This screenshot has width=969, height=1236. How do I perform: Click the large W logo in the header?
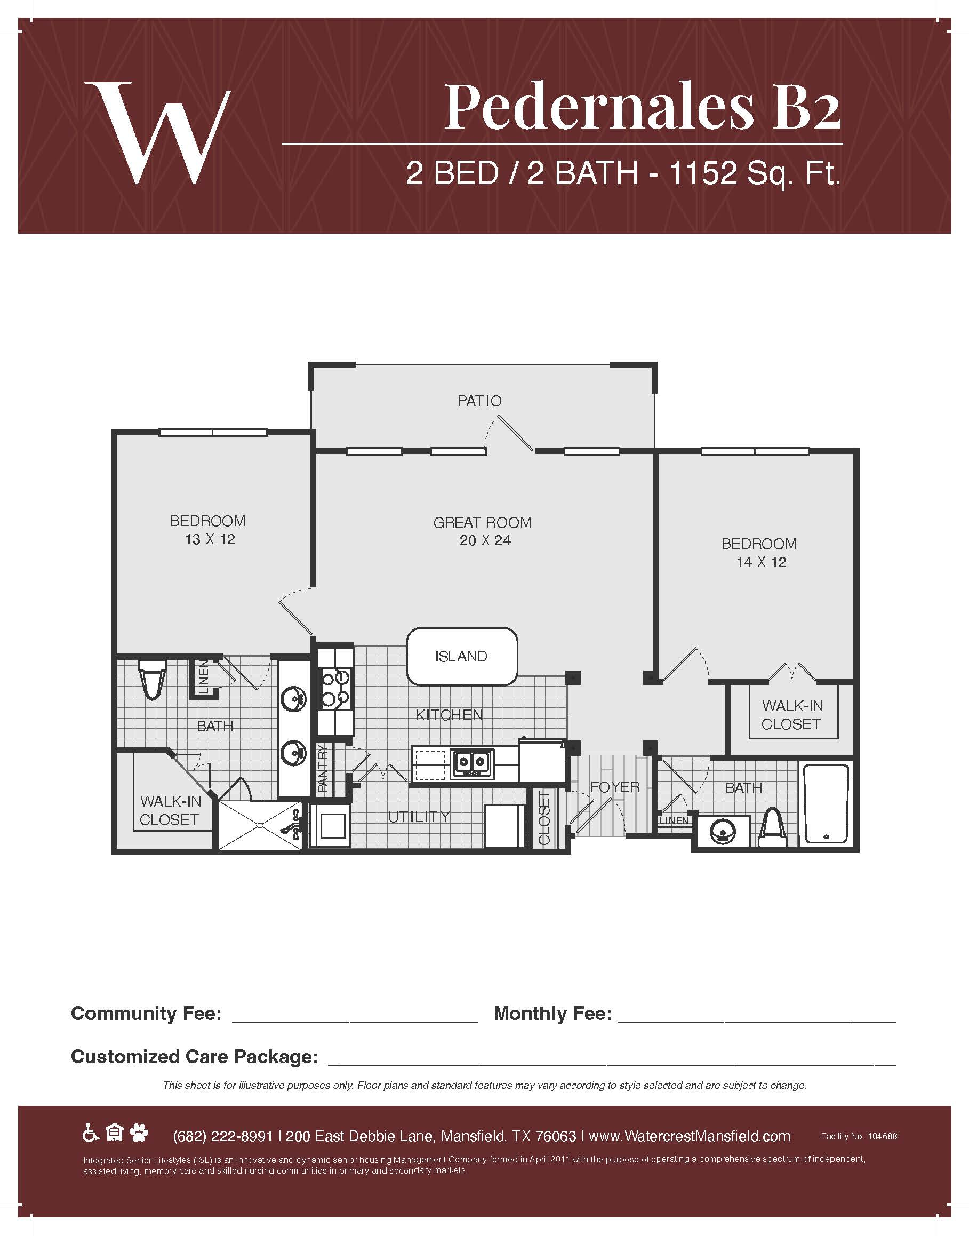pyautogui.click(x=157, y=133)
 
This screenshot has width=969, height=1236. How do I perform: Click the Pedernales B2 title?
pyautogui.click(x=642, y=107)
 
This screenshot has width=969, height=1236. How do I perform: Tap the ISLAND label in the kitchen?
pyautogui.click(x=461, y=657)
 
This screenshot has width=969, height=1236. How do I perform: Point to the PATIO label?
pyautogui.click(x=479, y=401)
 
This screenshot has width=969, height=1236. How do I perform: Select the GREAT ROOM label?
pyautogui.click(x=483, y=523)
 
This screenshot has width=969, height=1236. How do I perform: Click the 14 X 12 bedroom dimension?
pyautogui.click(x=762, y=562)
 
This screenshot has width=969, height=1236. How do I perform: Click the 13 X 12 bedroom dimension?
pyautogui.click(x=210, y=540)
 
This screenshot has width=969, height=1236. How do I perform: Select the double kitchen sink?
pyautogui.click(x=472, y=763)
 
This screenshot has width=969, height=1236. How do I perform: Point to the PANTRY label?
pyautogui.click(x=323, y=769)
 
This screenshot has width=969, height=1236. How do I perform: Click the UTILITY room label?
pyautogui.click(x=419, y=817)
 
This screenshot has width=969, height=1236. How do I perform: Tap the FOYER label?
pyautogui.click(x=615, y=787)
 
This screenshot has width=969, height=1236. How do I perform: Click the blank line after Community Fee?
pyautogui.click(x=355, y=1022)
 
